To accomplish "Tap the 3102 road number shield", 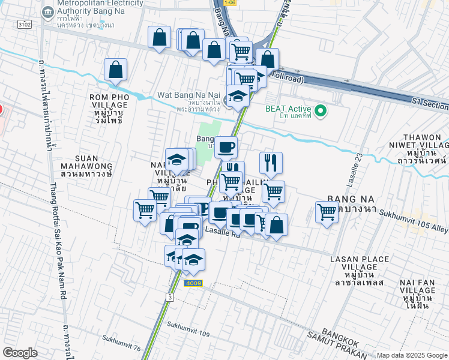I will point(25,24).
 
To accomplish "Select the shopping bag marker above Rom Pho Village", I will point(115,70).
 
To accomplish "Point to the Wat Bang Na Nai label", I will point(188,95).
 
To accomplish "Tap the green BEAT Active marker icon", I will point(321,110).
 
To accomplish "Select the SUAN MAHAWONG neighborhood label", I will point(87,166).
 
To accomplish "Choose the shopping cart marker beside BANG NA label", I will point(327,212).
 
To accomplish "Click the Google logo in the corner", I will point(20,353).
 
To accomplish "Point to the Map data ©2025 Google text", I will point(412,355).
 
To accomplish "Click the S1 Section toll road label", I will point(429,104).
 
